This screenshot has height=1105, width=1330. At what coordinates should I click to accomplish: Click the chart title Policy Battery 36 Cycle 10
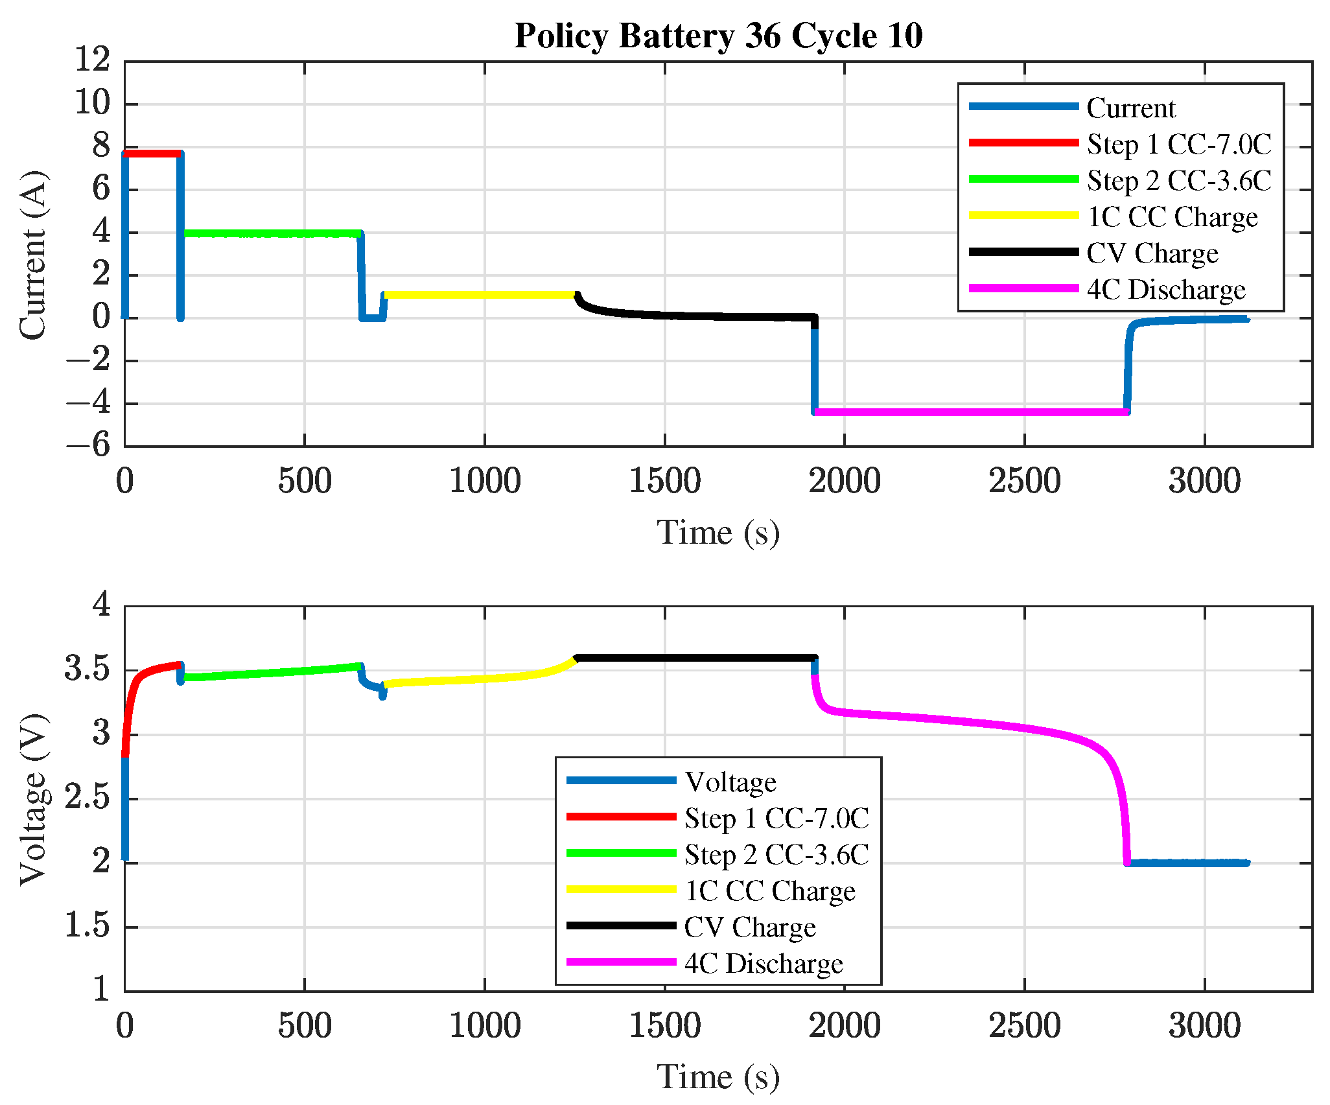(718, 36)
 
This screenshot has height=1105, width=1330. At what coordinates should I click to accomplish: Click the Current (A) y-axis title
(32, 255)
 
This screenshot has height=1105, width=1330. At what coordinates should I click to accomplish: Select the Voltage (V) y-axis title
(32, 799)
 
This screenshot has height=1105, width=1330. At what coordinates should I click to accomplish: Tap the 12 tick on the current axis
(93, 60)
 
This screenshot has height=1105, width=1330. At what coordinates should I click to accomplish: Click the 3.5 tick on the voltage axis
(87, 669)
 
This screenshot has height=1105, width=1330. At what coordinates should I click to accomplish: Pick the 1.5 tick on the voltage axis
(87, 927)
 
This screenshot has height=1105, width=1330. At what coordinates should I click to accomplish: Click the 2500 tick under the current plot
(1024, 482)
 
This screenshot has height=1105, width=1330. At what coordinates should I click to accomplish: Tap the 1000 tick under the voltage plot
(485, 1026)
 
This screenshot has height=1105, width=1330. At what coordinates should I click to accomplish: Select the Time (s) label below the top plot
(718, 533)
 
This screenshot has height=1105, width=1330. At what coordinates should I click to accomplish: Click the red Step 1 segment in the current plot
(152, 154)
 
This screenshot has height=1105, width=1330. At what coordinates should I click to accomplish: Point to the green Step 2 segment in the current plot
(272, 233)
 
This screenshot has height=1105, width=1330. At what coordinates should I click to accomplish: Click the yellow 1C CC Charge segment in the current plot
(480, 295)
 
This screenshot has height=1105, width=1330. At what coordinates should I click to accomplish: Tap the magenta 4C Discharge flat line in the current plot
(972, 412)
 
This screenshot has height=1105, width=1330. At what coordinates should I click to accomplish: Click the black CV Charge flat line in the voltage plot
(694, 658)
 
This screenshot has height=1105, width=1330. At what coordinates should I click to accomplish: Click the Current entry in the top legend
(1130, 108)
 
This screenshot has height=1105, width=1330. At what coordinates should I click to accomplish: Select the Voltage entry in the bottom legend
(730, 782)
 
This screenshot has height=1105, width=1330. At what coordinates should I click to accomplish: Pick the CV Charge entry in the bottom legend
(750, 927)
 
